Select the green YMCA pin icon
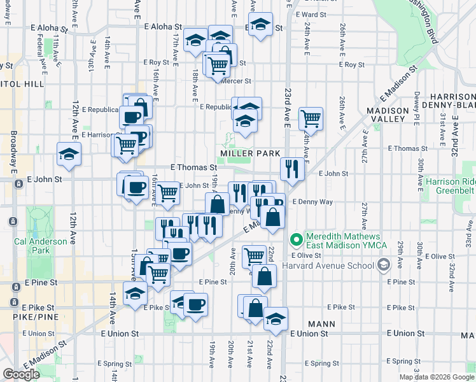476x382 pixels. click(295, 240)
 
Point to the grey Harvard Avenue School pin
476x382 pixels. click(383, 264)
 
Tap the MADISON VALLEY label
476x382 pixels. click(395, 114)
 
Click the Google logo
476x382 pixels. click(21, 374)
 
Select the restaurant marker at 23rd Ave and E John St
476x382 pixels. click(292, 169)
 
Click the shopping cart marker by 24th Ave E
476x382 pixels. click(311, 118)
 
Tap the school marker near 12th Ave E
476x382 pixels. click(69, 153)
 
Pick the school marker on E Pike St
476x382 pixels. click(135, 294)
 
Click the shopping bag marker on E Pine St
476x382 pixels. click(264, 276)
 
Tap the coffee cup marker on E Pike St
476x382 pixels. click(195, 304)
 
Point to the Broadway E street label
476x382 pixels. click(13, 152)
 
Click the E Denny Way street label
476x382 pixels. click(312, 202)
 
